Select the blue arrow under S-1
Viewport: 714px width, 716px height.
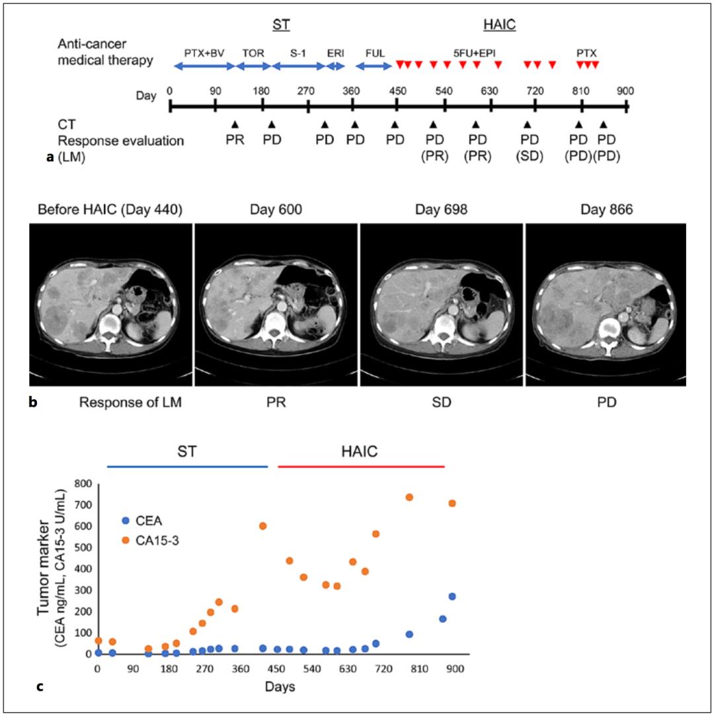298,65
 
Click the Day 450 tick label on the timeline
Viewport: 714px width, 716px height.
397,92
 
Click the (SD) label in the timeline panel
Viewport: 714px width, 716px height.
528,156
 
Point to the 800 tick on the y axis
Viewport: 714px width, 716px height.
82,484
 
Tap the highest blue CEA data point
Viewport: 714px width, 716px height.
452,596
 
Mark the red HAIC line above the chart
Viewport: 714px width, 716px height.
360,467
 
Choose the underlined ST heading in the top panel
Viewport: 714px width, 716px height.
282,25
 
